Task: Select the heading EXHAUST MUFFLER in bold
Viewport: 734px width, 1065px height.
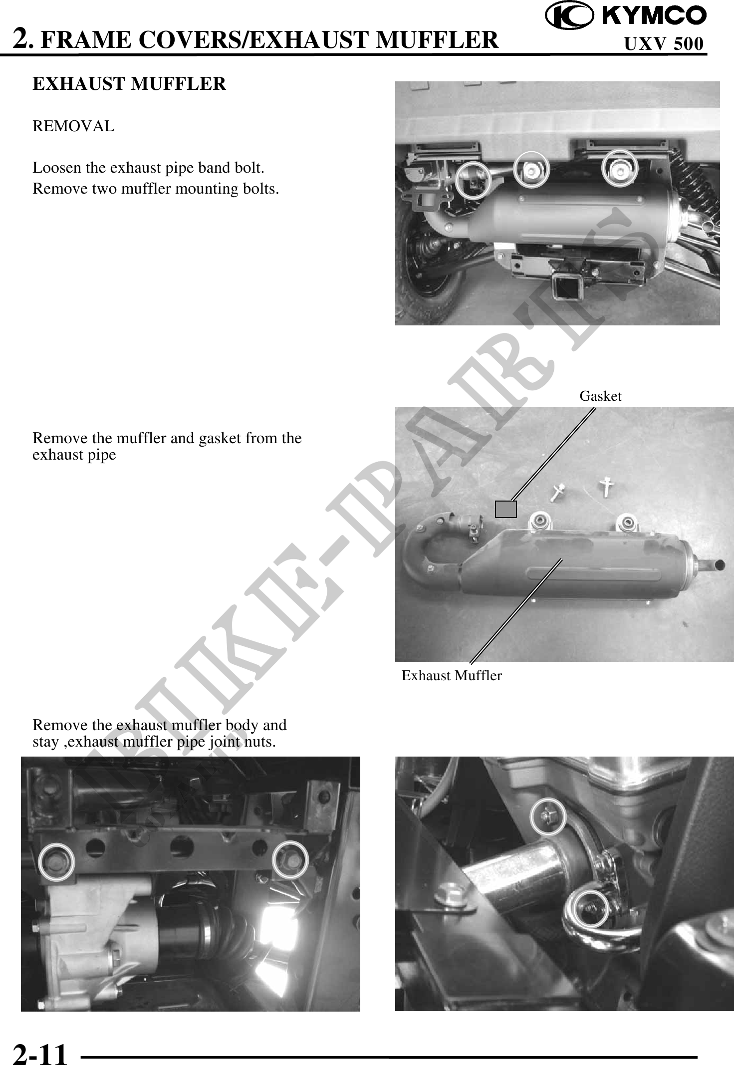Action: click(129, 84)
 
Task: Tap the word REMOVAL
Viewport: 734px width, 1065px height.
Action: click(73, 127)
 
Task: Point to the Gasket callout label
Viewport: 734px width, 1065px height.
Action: click(601, 396)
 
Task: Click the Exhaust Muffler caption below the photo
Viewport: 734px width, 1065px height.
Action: click(452, 676)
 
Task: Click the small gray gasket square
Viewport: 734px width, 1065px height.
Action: click(506, 509)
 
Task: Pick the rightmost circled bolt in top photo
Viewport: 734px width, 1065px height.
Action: click(620, 170)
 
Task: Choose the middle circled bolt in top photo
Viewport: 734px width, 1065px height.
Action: click(532, 170)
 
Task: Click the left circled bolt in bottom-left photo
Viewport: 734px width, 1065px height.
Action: click(57, 861)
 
